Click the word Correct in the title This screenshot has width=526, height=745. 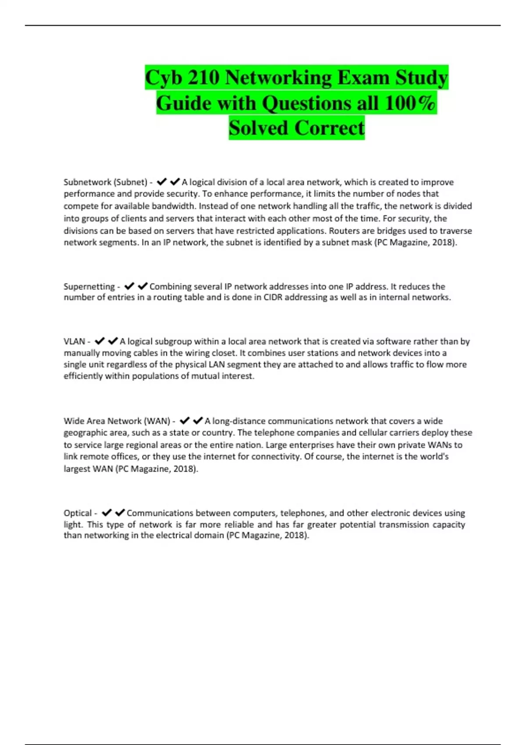click(329, 128)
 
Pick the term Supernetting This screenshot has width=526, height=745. click(89, 287)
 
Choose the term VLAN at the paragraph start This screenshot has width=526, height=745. click(75, 341)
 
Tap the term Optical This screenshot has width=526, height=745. click(78, 513)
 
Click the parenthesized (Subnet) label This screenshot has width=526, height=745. click(130, 182)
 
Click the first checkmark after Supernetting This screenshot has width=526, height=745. click(129, 287)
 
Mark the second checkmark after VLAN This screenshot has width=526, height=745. click(113, 341)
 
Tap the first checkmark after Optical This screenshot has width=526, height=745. click(107, 513)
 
